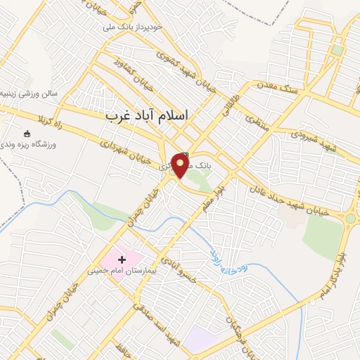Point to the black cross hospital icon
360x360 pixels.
tap(122, 259)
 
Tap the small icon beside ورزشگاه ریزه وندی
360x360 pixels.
tap(28, 134)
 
